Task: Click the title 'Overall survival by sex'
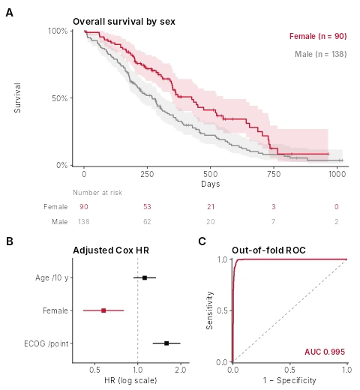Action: pyautogui.click(x=124, y=22)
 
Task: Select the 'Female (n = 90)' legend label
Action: pyautogui.click(x=318, y=36)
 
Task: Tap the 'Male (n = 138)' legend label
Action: pyautogui.click(x=321, y=54)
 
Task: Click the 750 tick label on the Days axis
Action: pyautogui.click(x=274, y=174)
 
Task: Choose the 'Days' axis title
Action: pyautogui.click(x=211, y=184)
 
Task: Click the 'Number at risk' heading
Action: pyautogui.click(x=97, y=193)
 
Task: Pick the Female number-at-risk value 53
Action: pyautogui.click(x=147, y=207)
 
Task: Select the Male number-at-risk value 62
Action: pyautogui.click(x=147, y=222)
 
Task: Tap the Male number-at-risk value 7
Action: pyautogui.click(x=274, y=222)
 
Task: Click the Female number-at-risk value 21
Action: pyautogui.click(x=211, y=207)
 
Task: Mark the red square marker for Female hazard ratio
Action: pyautogui.click(x=103, y=310)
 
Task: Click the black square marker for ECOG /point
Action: pyautogui.click(x=166, y=343)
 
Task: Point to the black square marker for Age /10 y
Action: pyautogui.click(x=145, y=277)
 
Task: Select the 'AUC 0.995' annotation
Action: pyautogui.click(x=325, y=352)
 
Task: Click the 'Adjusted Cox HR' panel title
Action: pyautogui.click(x=111, y=250)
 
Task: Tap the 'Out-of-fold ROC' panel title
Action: pyautogui.click(x=268, y=250)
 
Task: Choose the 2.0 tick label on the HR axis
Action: pyautogui.click(x=180, y=370)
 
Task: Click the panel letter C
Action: pyautogui.click(x=202, y=241)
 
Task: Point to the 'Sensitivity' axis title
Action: pyautogui.click(x=210, y=310)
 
